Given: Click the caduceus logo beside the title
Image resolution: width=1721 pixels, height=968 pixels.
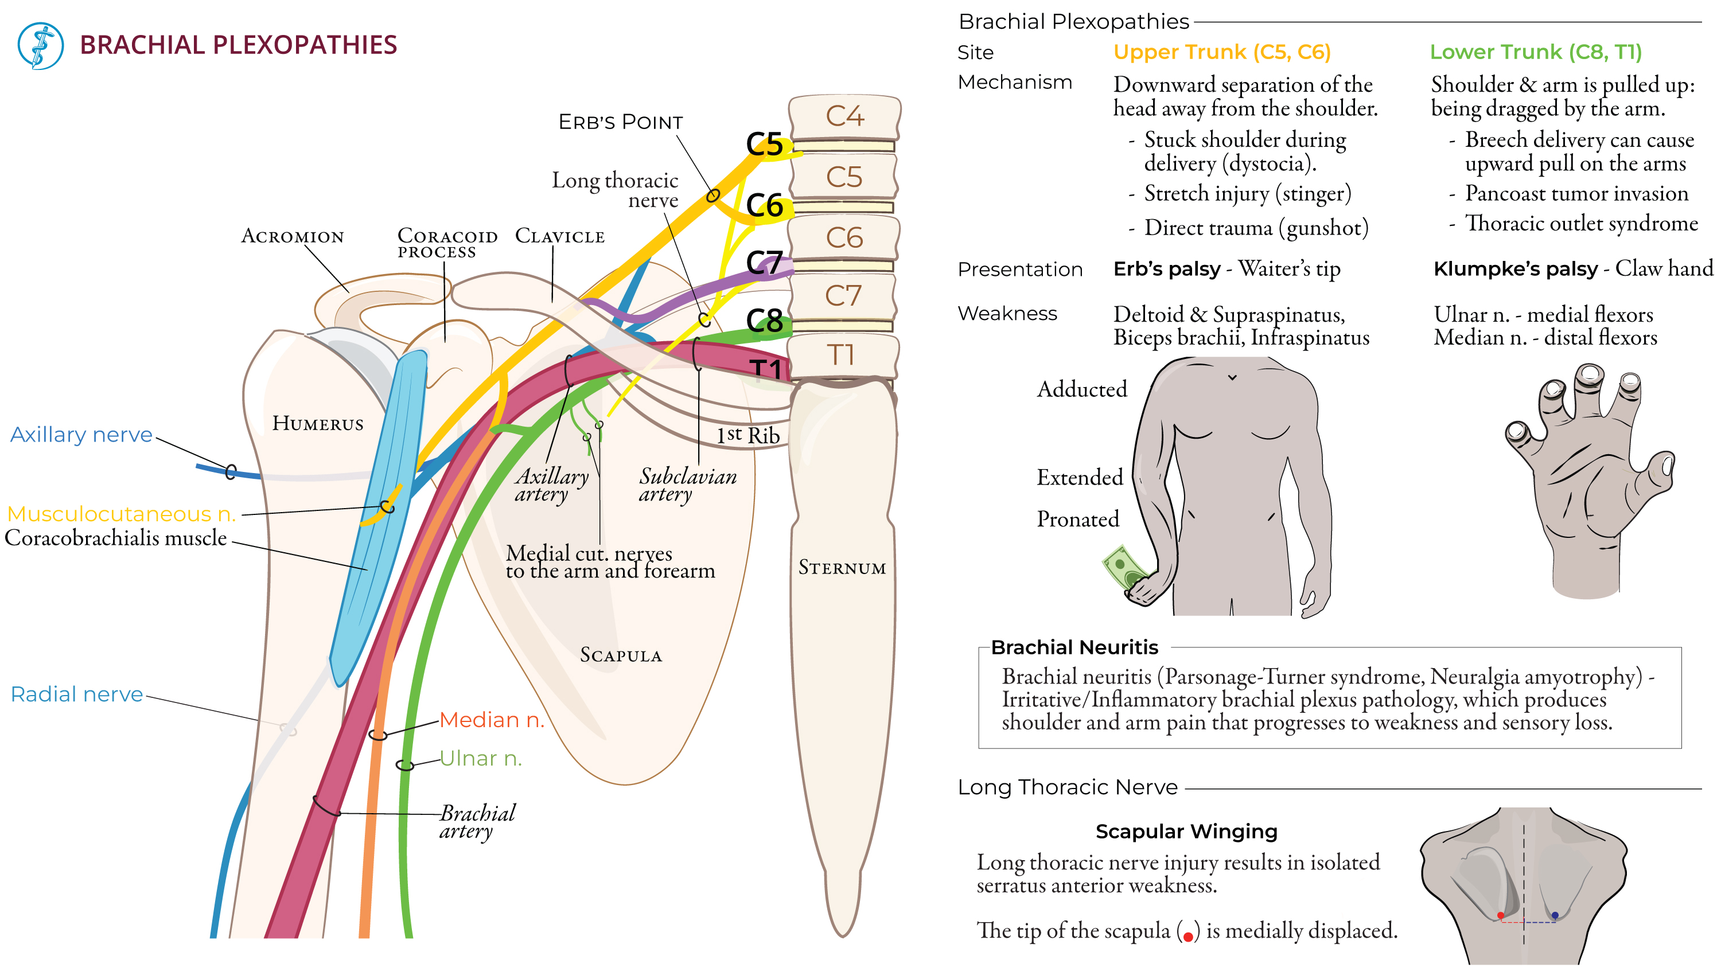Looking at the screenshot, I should [x=41, y=46].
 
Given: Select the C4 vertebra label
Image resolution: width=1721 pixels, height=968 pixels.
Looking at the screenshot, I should [x=845, y=116].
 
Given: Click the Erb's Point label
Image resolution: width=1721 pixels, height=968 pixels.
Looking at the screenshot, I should [x=621, y=122].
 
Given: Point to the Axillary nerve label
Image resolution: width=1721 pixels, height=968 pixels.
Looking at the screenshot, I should [x=81, y=435].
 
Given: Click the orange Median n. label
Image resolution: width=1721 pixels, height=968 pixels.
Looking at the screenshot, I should [x=492, y=720].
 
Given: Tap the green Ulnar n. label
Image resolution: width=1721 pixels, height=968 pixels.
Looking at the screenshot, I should [x=480, y=759].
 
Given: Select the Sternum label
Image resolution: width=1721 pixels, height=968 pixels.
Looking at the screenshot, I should [x=842, y=568].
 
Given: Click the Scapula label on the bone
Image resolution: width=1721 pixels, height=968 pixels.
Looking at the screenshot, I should [x=621, y=655].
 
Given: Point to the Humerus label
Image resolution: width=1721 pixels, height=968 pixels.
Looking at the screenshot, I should [x=318, y=424].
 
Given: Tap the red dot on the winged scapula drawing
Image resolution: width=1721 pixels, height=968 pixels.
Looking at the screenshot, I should [x=1501, y=915].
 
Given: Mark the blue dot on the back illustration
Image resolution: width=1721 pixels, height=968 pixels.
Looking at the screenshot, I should [x=1555, y=915].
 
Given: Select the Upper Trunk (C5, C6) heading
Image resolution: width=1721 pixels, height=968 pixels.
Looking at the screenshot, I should [x=1222, y=52].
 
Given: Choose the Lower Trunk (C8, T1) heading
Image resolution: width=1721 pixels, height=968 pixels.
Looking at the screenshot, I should [x=1535, y=52].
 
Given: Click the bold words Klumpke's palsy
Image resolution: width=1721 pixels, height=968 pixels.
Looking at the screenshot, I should [x=1515, y=268].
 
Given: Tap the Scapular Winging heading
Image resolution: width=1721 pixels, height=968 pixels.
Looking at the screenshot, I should [x=1186, y=832].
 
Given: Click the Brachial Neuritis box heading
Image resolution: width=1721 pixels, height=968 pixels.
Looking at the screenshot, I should [x=1074, y=647].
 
